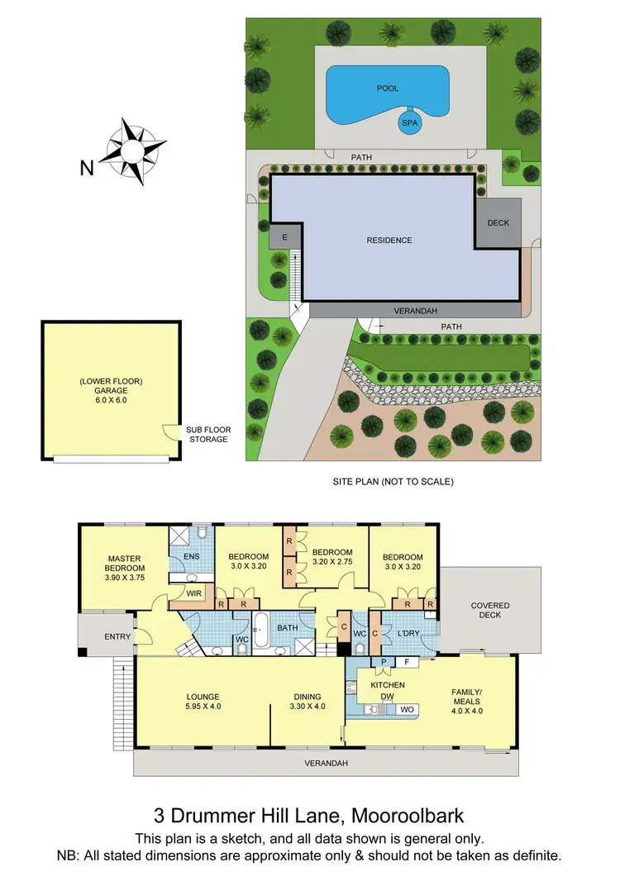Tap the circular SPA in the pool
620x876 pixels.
(x=408, y=123)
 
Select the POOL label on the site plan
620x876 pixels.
(x=387, y=87)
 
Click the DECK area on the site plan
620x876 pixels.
(x=498, y=222)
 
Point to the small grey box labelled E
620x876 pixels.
(x=285, y=236)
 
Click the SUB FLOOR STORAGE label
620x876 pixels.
(x=207, y=435)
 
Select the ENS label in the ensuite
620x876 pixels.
(x=191, y=557)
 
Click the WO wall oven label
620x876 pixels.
(x=407, y=709)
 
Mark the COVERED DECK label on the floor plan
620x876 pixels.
(x=490, y=611)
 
